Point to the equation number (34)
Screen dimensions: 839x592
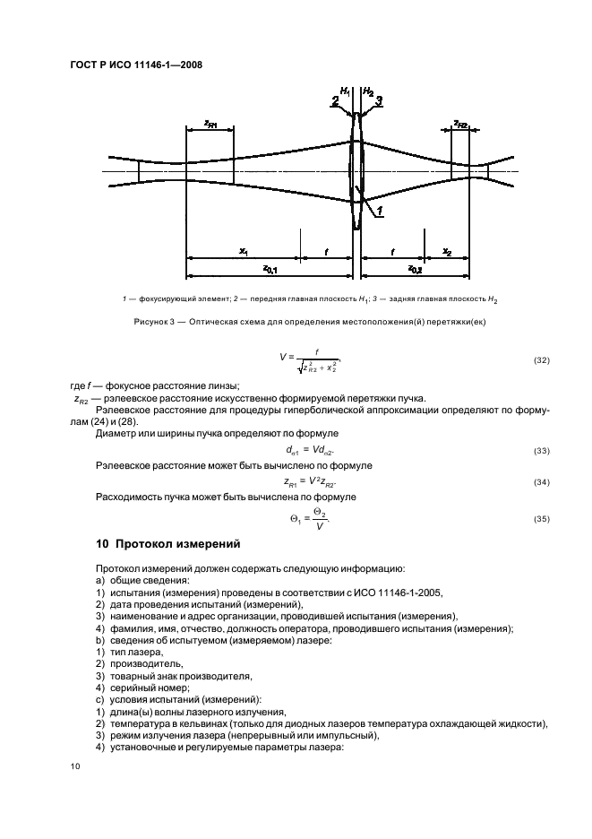click(x=540, y=481)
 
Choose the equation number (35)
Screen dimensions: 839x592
click(x=540, y=518)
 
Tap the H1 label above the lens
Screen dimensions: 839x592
click(x=347, y=91)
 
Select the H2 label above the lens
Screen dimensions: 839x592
click(x=367, y=91)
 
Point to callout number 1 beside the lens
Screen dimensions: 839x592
click(x=380, y=212)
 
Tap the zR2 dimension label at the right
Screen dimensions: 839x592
click(x=460, y=122)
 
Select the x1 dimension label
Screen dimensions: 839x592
click(x=244, y=252)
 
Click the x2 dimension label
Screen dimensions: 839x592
click(x=447, y=252)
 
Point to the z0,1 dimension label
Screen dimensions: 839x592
click(x=269, y=268)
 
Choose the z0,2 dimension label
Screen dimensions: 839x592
click(x=416, y=268)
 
